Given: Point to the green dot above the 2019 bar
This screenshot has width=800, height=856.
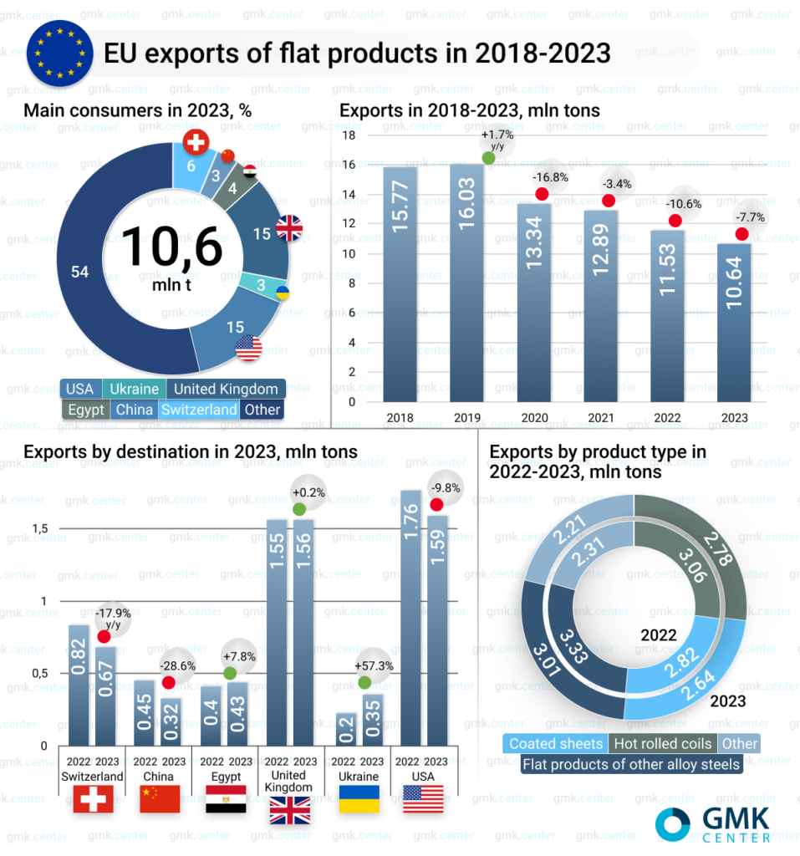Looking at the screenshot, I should [489, 158].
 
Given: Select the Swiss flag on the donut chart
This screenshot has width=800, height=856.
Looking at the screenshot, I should [196, 143].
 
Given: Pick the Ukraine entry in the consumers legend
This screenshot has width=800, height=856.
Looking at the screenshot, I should [135, 389].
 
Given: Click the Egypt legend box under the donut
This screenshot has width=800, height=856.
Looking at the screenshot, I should [85, 410].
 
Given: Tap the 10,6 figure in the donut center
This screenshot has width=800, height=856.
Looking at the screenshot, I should [172, 247].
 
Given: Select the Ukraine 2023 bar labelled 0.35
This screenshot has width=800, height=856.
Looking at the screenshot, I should [373, 719].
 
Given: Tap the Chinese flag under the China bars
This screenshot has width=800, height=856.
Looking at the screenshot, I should [160, 799].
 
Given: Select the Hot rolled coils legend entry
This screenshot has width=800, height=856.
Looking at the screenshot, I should [662, 743].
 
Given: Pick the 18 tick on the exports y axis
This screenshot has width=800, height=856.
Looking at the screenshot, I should [350, 135].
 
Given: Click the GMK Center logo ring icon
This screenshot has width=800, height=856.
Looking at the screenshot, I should [673, 823].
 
